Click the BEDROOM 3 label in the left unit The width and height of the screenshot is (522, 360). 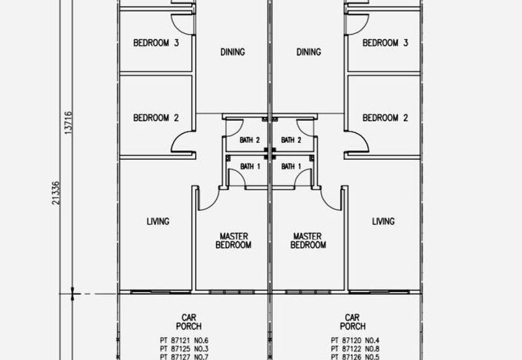(x=156, y=43)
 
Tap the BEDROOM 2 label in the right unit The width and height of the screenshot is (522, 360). (x=385, y=118)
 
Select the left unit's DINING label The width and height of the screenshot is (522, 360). (x=233, y=52)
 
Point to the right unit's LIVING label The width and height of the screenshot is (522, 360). (x=383, y=221)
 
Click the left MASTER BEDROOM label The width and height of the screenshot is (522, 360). (x=234, y=241)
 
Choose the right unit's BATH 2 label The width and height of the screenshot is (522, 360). (x=291, y=140)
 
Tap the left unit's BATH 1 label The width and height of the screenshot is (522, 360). (x=250, y=166)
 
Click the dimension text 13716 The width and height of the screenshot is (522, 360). (x=68, y=123)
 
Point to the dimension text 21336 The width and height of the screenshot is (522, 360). (x=55, y=193)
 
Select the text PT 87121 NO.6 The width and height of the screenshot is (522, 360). (x=184, y=340)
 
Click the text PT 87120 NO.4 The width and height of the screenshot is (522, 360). (x=355, y=340)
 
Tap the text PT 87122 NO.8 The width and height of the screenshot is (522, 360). (x=355, y=349)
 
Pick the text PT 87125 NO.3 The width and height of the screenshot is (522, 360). (x=184, y=349)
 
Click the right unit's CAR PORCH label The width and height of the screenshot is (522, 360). (x=352, y=322)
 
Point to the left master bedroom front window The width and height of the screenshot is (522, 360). (x=232, y=292)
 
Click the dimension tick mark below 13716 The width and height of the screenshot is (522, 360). (x=72, y=294)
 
